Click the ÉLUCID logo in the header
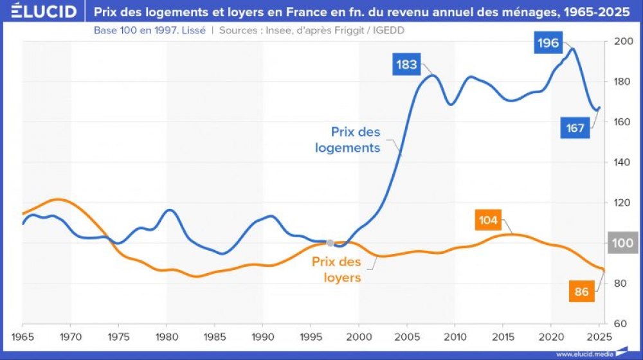point(40,12)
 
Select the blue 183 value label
point(407,65)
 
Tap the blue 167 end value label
point(575,128)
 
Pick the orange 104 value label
point(488,221)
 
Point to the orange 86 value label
point(581,292)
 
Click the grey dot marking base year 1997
point(330,243)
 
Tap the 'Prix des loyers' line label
point(336,270)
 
